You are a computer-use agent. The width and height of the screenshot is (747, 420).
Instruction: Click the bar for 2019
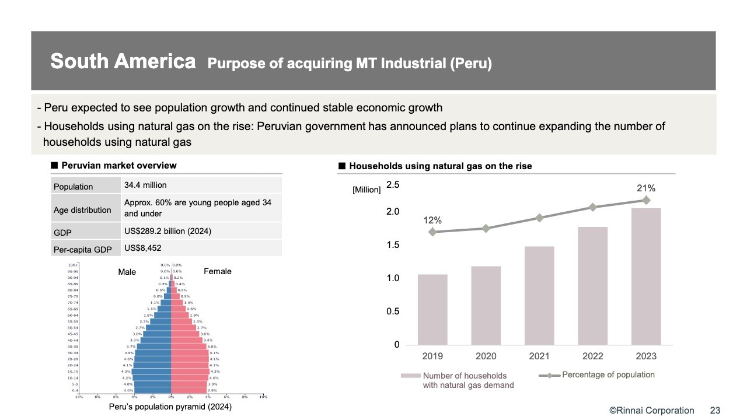tap(432, 309)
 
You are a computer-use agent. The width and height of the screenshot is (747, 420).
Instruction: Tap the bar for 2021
tap(539, 295)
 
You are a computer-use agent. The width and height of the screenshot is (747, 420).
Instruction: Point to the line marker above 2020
tap(486, 228)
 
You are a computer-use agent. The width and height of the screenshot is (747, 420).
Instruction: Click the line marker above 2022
tap(593, 207)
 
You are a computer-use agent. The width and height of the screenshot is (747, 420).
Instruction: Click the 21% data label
tap(646, 188)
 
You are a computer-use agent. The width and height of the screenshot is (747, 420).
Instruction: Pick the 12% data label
tap(432, 220)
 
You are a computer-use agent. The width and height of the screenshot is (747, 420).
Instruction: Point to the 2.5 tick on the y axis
tap(393, 185)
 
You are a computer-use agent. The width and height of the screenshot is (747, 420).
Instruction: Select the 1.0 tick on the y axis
tap(393, 278)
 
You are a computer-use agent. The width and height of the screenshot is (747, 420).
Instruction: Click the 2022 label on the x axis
tap(593, 356)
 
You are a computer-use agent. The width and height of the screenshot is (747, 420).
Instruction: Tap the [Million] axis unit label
tap(366, 190)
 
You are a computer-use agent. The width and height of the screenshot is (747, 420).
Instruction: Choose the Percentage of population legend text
tap(608, 374)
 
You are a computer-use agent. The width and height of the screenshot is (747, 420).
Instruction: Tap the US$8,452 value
tap(142, 248)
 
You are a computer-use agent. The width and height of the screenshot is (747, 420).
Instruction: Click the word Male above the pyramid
tap(127, 272)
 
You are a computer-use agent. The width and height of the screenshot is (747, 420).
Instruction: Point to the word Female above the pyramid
tap(217, 271)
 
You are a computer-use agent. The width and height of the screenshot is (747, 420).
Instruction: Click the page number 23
tap(715, 411)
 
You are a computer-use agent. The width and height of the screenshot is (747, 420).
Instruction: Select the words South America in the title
tap(123, 61)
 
